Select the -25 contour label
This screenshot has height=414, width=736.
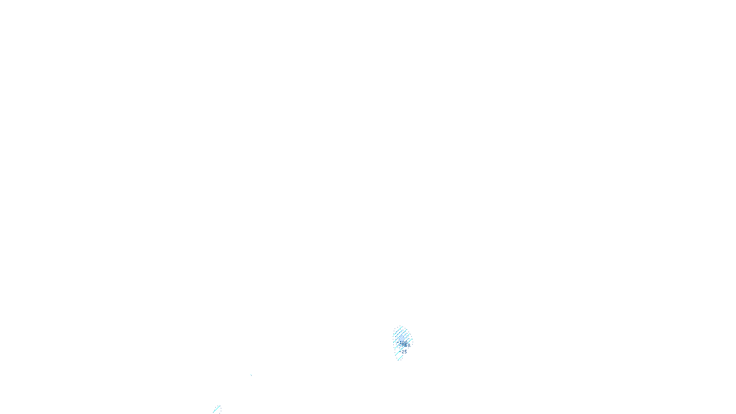pyautogui.click(x=404, y=352)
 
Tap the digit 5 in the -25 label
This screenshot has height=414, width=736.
pyautogui.click(x=406, y=352)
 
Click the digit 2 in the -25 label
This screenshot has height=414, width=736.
pyautogui.click(x=403, y=352)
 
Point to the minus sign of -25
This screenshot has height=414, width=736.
pyautogui.click(x=401, y=352)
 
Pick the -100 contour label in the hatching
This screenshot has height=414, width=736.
pyautogui.click(x=405, y=345)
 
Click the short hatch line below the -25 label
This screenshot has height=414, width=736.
pyautogui.click(x=400, y=358)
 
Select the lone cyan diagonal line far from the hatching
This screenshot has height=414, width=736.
pyautogui.click(x=217, y=409)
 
